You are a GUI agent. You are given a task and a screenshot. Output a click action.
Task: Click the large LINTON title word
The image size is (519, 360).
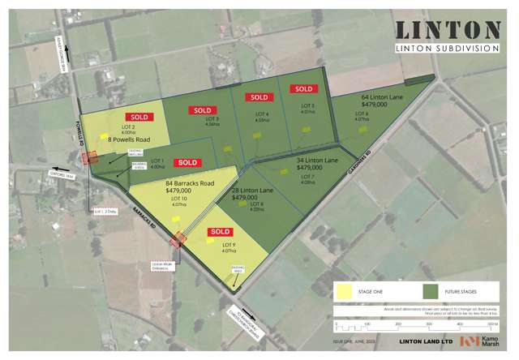(x=448, y=30)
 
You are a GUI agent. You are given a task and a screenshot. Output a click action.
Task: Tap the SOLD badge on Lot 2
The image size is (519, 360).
(x=139, y=118)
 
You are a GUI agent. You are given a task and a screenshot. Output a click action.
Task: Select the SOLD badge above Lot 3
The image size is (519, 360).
(x=203, y=110)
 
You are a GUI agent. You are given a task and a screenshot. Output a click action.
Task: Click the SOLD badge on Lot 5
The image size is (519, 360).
(x=303, y=89)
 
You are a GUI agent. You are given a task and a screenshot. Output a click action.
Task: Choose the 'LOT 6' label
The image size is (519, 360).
(x=362, y=113)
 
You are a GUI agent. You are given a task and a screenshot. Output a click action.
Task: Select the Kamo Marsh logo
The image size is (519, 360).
(x=479, y=341)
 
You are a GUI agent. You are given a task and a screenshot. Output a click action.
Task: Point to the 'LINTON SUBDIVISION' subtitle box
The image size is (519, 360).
(x=448, y=49)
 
